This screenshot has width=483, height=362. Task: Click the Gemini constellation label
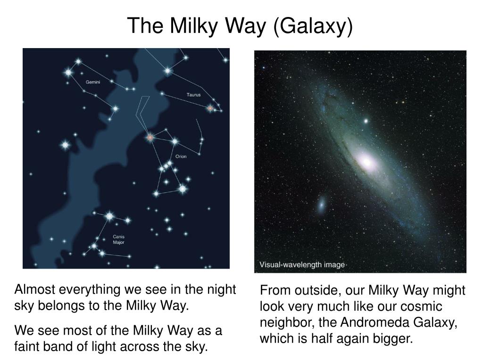(x=93, y=82)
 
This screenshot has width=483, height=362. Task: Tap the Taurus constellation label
(x=193, y=95)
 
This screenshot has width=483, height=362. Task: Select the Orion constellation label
(x=181, y=156)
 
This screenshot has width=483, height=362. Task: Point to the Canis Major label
(x=118, y=239)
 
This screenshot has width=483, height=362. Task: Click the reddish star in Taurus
(x=210, y=108)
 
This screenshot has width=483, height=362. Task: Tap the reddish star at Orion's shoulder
(x=150, y=137)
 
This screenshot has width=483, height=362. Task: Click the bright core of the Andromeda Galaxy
(x=366, y=161)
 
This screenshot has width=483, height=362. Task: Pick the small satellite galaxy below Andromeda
(x=321, y=204)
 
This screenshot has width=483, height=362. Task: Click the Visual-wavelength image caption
(x=302, y=265)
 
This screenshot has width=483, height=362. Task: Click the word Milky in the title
(x=194, y=26)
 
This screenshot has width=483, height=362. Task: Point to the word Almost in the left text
(x=35, y=290)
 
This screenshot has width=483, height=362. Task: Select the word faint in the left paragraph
(x=27, y=346)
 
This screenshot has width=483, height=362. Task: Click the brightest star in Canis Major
(x=109, y=216)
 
